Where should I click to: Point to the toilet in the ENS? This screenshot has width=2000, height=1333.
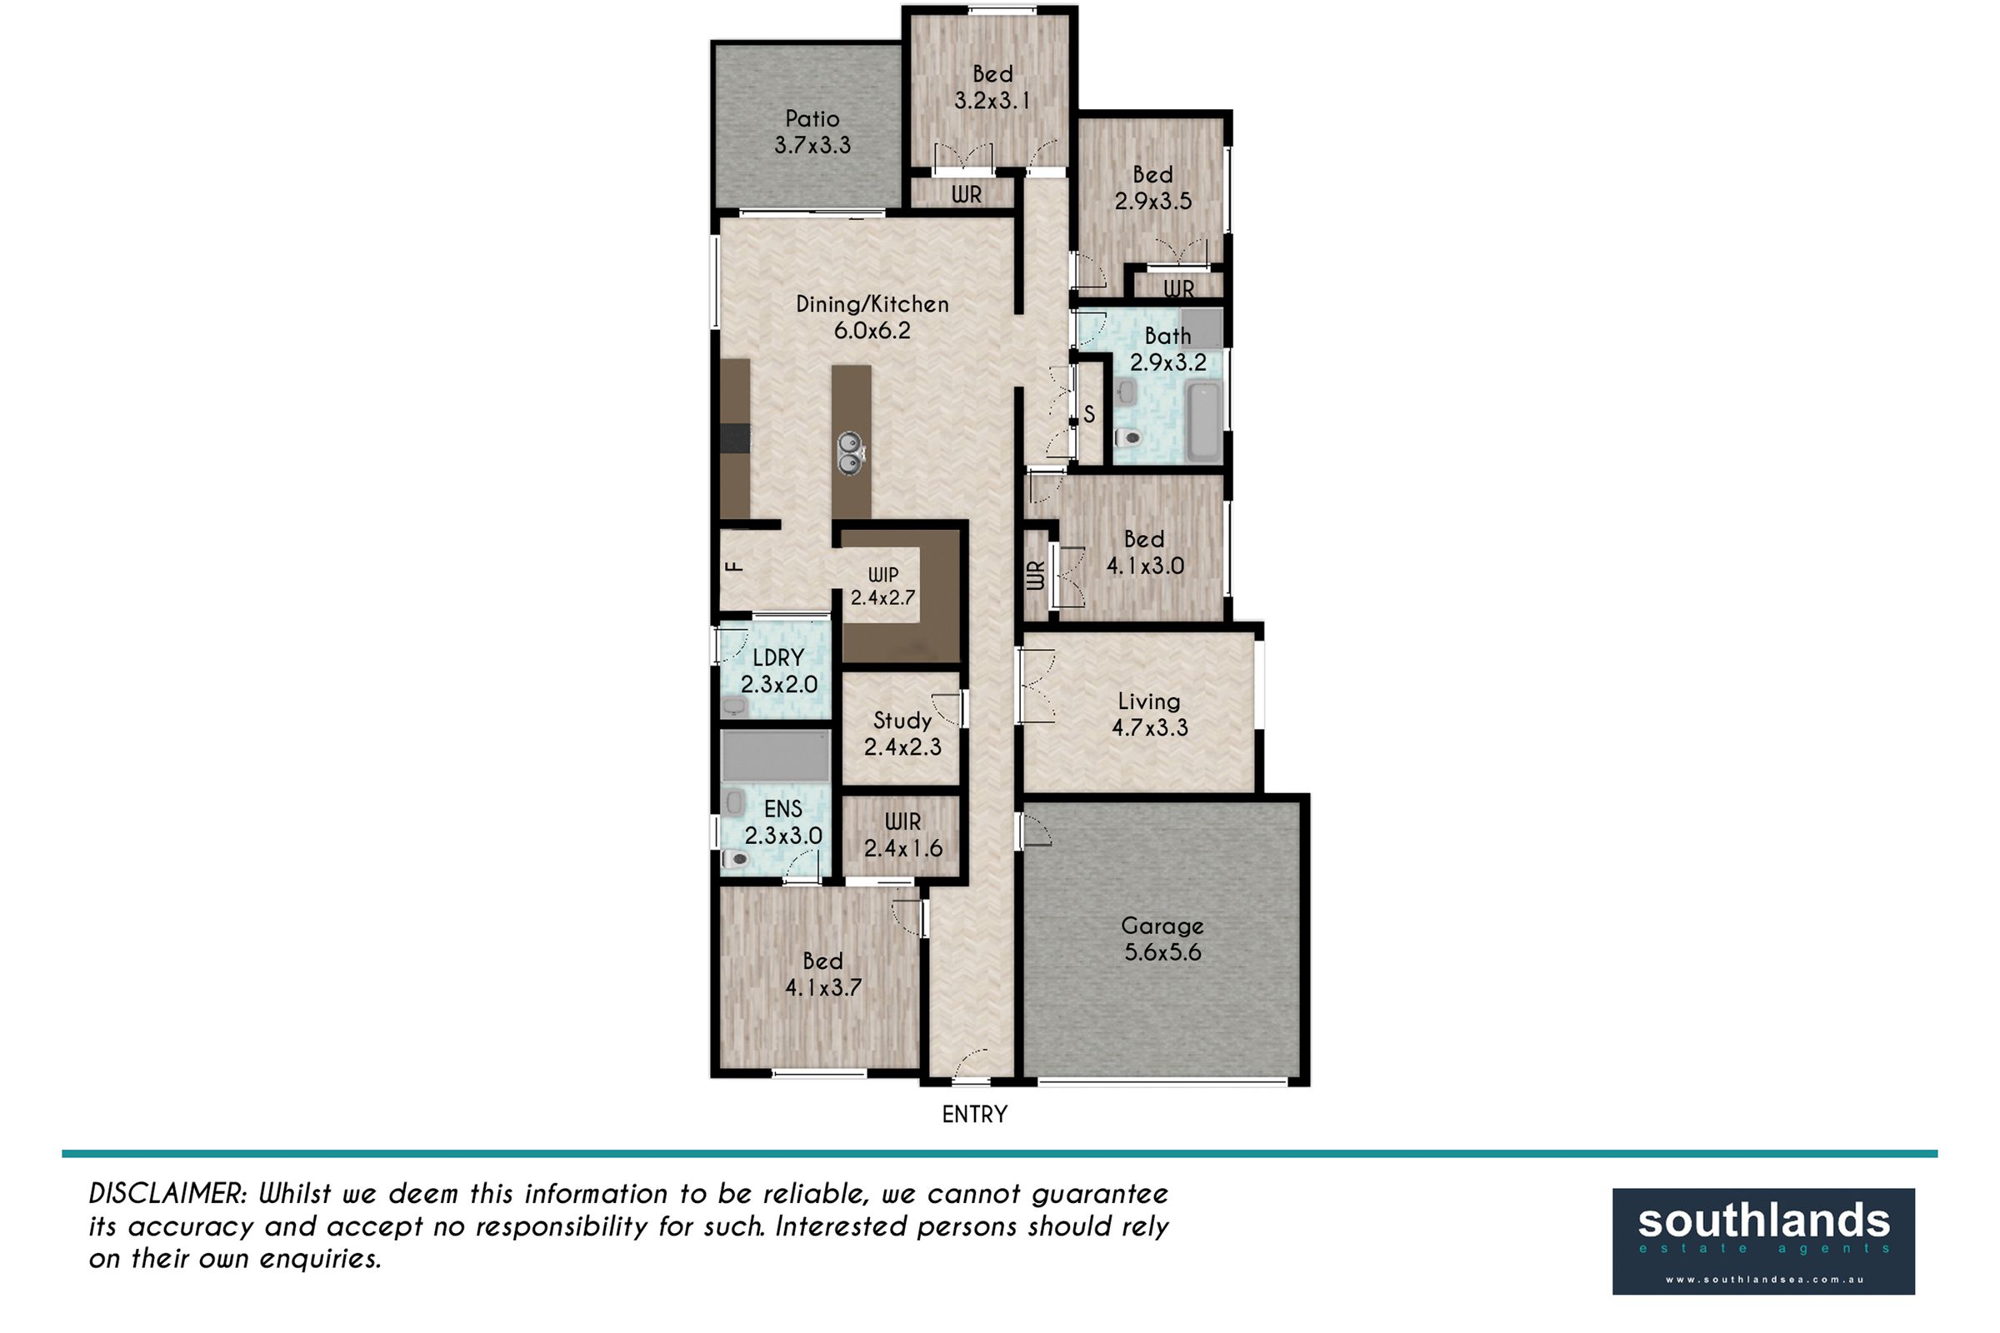coord(735,860)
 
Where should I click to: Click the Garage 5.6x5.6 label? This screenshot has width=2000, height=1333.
coord(1162,939)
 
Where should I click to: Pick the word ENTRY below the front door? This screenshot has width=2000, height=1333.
coord(974,1115)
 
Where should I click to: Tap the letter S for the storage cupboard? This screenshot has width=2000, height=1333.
coord(1089,415)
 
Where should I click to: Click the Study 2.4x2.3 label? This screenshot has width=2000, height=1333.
coord(902,734)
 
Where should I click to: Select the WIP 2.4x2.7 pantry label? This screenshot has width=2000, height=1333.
coord(882,587)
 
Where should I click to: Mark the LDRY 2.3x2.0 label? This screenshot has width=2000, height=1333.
coord(778,671)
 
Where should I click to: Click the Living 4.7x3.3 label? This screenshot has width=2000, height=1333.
coord(1150,714)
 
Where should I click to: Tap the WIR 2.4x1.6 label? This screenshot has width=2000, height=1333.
coord(903,835)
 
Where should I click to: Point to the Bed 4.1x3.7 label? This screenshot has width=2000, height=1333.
coord(823,974)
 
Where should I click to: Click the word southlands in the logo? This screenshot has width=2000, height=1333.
coord(1763,1221)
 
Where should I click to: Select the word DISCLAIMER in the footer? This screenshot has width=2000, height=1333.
coord(167,1195)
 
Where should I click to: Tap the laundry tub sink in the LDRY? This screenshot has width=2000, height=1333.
coord(735,706)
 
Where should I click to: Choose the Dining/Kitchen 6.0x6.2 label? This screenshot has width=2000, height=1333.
coord(872,317)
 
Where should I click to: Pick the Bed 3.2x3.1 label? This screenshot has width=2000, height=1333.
coord(992,87)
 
